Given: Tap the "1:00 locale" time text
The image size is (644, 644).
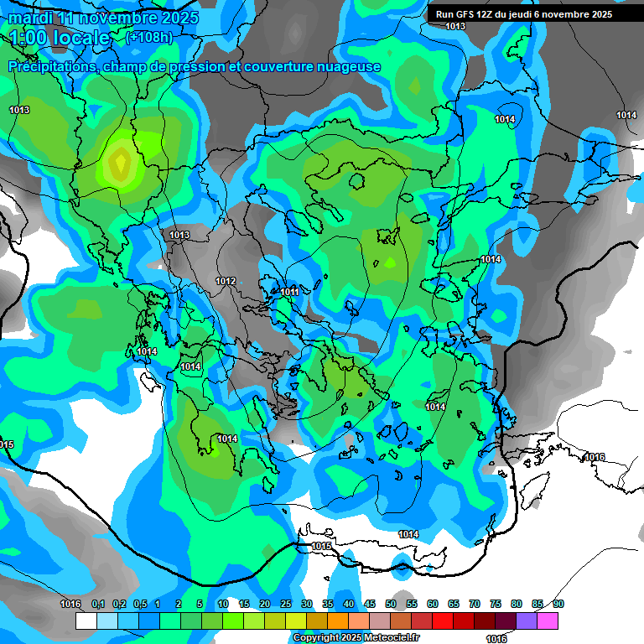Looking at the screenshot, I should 60,38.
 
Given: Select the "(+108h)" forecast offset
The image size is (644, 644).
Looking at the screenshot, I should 149,37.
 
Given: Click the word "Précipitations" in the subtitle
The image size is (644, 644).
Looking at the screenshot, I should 52,66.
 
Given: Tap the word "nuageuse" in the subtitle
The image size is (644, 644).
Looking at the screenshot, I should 349,66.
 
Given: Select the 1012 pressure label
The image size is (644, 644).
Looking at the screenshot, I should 226,281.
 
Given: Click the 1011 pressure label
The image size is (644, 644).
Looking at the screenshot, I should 289,292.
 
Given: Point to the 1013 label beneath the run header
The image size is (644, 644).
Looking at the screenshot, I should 455,27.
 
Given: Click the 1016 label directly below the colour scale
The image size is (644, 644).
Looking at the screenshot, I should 496,638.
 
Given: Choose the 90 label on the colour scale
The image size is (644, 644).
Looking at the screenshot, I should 558,604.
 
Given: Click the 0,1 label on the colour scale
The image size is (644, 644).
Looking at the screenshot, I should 98,604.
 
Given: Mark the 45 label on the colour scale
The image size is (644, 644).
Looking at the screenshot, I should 370,604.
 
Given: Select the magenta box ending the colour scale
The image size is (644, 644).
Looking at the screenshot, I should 548,621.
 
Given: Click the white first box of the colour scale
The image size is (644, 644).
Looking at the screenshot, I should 86,621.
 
